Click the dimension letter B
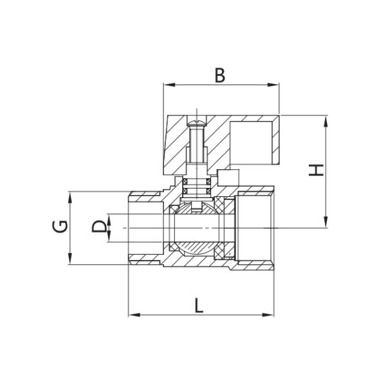pyautogui.click(x=220, y=75)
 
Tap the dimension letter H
pyautogui.click(x=315, y=170)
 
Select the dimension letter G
pyautogui.click(x=59, y=227)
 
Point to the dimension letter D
pyautogui.click(x=98, y=227)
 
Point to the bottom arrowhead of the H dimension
pyautogui.click(x=326, y=225)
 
